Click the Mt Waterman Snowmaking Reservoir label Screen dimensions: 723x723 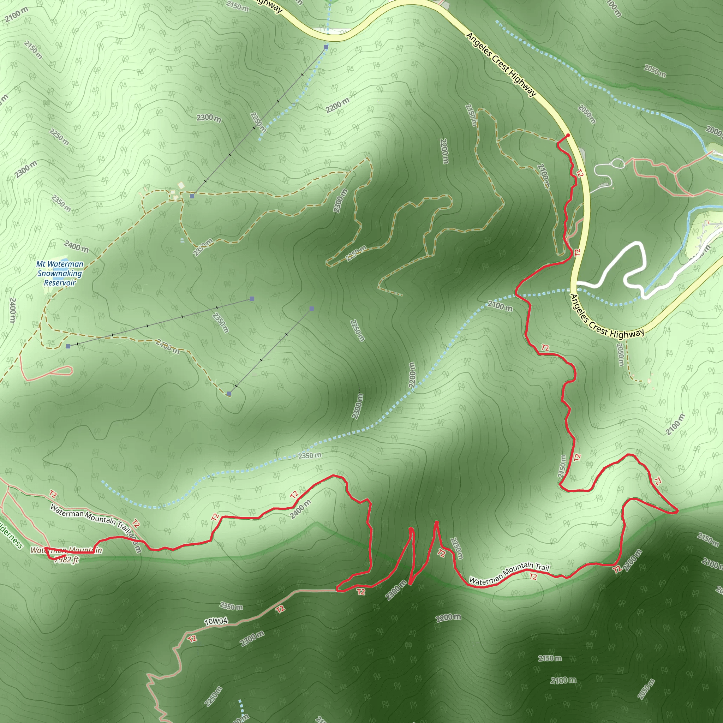(x=60, y=273)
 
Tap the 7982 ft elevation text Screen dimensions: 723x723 (x=66, y=560)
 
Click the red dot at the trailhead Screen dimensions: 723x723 (x=568, y=136)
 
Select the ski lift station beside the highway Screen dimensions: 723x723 (x=326, y=47)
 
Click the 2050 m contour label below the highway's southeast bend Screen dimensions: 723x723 (x=620, y=355)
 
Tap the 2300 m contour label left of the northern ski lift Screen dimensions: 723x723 (x=209, y=118)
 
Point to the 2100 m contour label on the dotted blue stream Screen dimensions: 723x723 (x=500, y=306)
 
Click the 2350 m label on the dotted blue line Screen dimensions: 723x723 (x=310, y=456)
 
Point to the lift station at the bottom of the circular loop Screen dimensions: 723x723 (x=229, y=394)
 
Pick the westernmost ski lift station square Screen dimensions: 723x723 (x=68, y=347)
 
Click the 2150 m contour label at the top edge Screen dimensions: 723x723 (x=237, y=6)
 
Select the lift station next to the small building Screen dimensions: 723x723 (x=192, y=196)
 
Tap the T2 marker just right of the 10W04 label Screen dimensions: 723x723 (x=280, y=609)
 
